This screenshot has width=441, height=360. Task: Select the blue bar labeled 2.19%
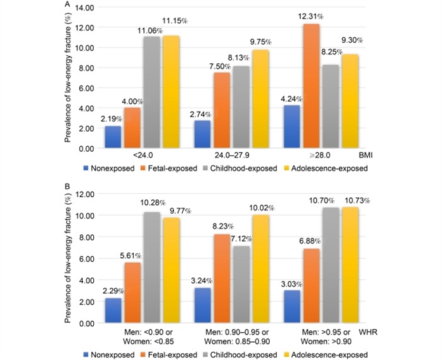click(x=113, y=137)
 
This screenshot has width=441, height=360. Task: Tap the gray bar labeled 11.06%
click(x=152, y=92)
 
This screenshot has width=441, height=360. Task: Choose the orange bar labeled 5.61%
click(x=133, y=293)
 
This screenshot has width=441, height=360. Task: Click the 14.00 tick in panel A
click(x=84, y=8)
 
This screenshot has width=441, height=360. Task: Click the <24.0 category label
click(x=142, y=157)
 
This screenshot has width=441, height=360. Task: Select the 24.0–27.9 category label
click(x=232, y=157)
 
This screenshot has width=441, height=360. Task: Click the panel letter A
click(x=66, y=3)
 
